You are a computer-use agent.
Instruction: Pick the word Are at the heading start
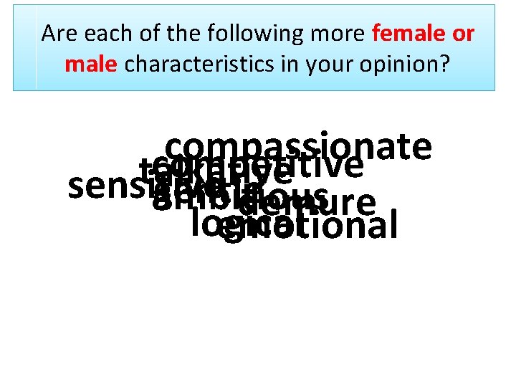tap(57, 34)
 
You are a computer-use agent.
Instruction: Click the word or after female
tap(463, 34)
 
